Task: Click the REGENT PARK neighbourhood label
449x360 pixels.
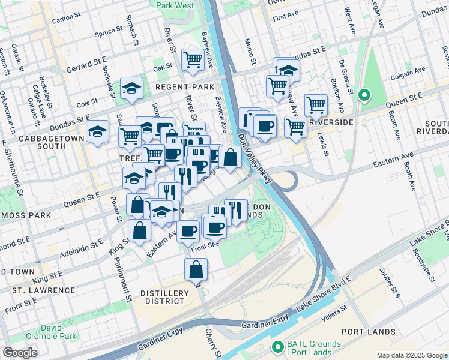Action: coord(185,87)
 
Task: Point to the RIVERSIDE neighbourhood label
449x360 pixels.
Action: coord(330,122)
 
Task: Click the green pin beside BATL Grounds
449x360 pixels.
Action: coord(277,347)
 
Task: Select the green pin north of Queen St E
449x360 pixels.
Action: coord(364,95)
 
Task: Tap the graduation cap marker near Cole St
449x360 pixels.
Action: coord(131,88)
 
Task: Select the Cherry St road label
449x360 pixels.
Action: coord(211,341)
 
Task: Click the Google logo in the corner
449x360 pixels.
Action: coord(20,352)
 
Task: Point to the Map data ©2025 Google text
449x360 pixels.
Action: coord(411,355)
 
